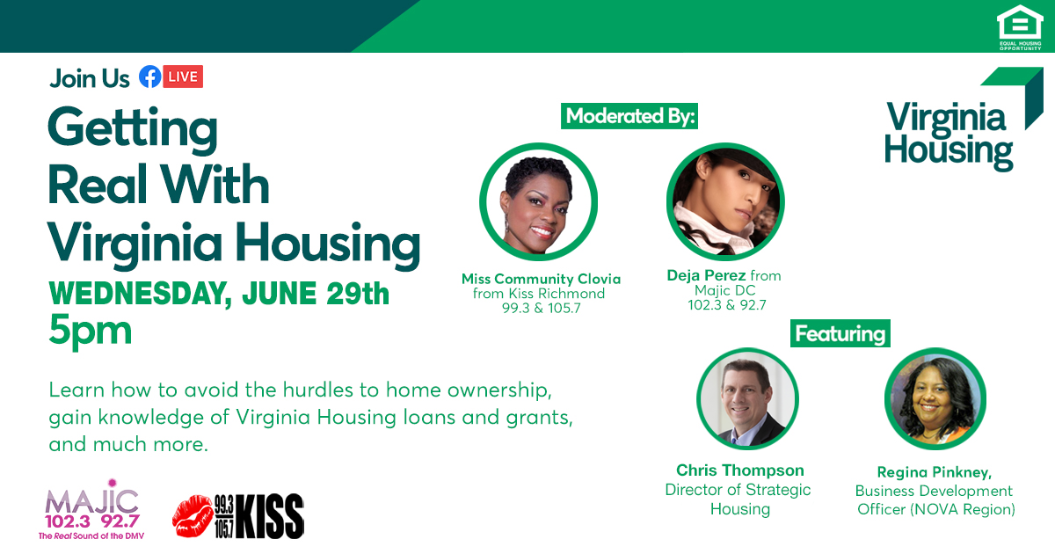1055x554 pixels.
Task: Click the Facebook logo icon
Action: point(149,77)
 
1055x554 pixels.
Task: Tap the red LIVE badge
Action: point(183,77)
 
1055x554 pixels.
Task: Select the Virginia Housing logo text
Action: point(948,135)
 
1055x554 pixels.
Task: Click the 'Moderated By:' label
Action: point(630,116)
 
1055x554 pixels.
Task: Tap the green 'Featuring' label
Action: point(840,334)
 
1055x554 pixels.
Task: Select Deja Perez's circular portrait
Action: point(725,200)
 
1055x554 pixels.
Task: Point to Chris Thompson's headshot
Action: point(747,397)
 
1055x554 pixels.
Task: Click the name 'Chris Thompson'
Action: point(739,470)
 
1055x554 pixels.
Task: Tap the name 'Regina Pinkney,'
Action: point(935,472)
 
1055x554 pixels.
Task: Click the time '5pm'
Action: point(91,332)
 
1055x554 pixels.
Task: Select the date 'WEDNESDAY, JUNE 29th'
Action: point(219,293)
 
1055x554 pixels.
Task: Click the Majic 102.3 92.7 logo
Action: point(91,510)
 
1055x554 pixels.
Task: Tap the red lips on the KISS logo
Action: point(192,515)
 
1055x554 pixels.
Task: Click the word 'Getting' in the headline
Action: point(132,130)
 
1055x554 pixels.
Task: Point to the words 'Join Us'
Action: point(90,78)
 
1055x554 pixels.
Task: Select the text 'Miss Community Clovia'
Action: point(541,279)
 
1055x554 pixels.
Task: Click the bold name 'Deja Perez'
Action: point(706,275)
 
